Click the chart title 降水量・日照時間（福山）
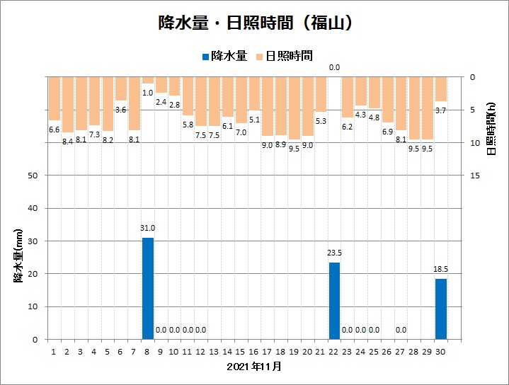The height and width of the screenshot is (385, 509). coord(255,23)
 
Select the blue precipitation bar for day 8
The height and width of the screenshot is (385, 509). coord(148,288)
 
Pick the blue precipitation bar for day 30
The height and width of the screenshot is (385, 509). coord(440,309)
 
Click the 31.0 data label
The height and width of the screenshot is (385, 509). coord(148,228)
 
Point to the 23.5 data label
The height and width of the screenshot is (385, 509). coord(334,253)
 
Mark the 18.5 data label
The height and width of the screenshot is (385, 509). coord(440,269)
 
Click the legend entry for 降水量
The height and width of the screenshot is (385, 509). coord(224,56)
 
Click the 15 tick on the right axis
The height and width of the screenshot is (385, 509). coord(475,176)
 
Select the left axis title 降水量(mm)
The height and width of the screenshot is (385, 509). coord(19,255)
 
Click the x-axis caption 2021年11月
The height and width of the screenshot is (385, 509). coord(255,367)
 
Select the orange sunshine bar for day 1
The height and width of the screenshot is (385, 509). coord(55,98)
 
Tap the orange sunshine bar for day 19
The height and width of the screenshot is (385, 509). coord(294,108)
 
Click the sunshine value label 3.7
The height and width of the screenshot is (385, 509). coord(440,110)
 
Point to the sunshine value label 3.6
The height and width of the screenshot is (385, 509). coord(121,110)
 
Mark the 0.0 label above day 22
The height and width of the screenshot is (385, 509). coord(334,68)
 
